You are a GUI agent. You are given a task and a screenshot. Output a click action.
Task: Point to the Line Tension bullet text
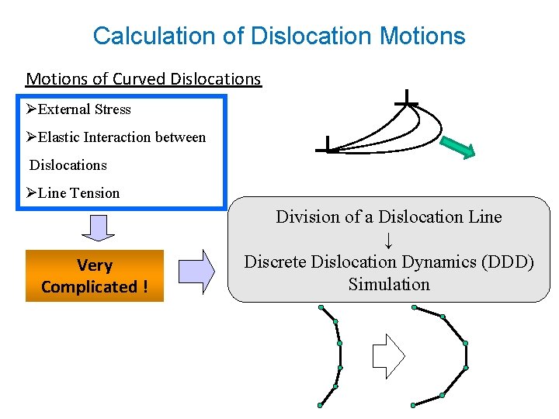[78, 193]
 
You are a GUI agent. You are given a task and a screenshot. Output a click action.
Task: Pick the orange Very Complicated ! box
[95, 275]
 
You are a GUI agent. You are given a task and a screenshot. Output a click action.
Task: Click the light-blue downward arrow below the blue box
[98, 227]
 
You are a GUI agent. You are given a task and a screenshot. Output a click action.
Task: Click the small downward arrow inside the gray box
[389, 239]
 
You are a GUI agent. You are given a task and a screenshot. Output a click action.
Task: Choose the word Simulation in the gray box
[389, 284]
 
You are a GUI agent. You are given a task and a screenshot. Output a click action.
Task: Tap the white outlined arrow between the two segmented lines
[389, 355]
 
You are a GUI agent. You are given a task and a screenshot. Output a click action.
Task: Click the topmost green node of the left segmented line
[320, 307]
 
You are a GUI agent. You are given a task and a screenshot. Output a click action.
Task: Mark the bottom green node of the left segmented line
[320, 405]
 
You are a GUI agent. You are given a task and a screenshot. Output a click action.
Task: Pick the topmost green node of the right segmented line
[414, 307]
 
